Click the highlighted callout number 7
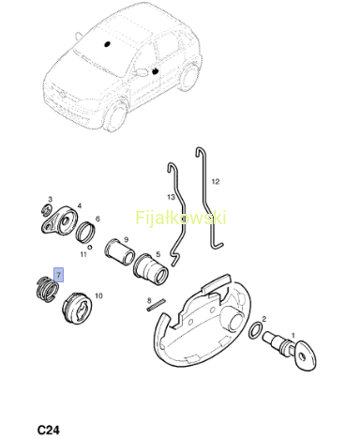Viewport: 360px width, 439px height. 58,275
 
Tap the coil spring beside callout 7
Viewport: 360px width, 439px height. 47,289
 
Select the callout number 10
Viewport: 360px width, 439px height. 98,295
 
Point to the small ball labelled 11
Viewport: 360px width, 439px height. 90,247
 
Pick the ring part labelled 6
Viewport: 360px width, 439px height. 85,232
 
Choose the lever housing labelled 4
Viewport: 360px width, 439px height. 59,220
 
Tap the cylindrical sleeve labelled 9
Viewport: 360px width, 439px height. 119,252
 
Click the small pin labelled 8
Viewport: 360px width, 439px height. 156,305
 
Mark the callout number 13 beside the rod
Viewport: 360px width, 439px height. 171,197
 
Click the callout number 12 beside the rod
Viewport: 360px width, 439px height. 216,181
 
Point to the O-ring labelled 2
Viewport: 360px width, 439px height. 256,331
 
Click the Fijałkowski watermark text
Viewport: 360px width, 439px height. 181,218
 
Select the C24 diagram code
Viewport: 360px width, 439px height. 49,430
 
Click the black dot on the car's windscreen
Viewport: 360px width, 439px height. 107,44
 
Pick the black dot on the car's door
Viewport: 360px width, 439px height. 155,71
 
